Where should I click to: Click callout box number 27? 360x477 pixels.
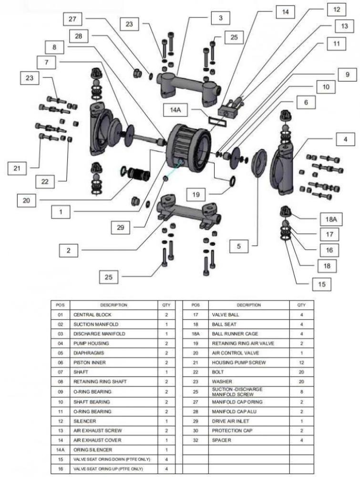(73, 19)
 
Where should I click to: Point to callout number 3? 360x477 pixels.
(220, 18)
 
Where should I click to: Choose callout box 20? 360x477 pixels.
(27, 201)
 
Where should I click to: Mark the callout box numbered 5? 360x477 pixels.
(239, 246)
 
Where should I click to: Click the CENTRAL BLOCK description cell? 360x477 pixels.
(92, 315)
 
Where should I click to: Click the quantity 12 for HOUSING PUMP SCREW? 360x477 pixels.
(301, 363)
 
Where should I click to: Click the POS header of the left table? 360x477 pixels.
(61, 305)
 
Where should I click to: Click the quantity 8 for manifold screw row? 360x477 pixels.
(301, 392)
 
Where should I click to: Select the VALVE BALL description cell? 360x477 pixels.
(225, 315)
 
